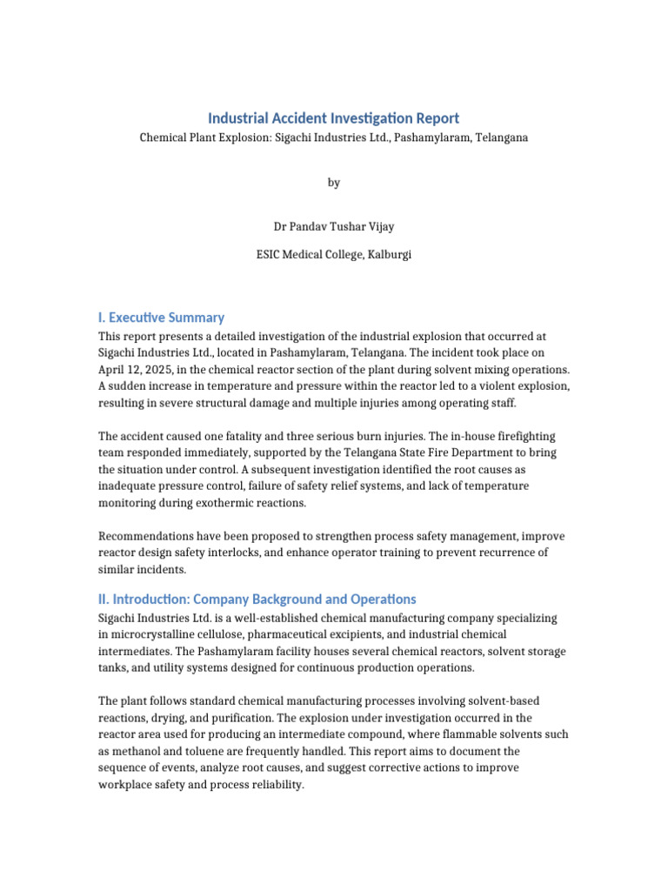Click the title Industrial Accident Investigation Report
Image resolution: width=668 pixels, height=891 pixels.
(333, 117)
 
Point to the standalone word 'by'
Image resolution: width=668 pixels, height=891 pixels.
(334, 183)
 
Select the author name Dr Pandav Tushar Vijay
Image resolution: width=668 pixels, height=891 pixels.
(333, 226)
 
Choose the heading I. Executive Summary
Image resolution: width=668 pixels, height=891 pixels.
(161, 318)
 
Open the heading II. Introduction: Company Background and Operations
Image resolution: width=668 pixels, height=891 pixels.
(257, 600)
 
